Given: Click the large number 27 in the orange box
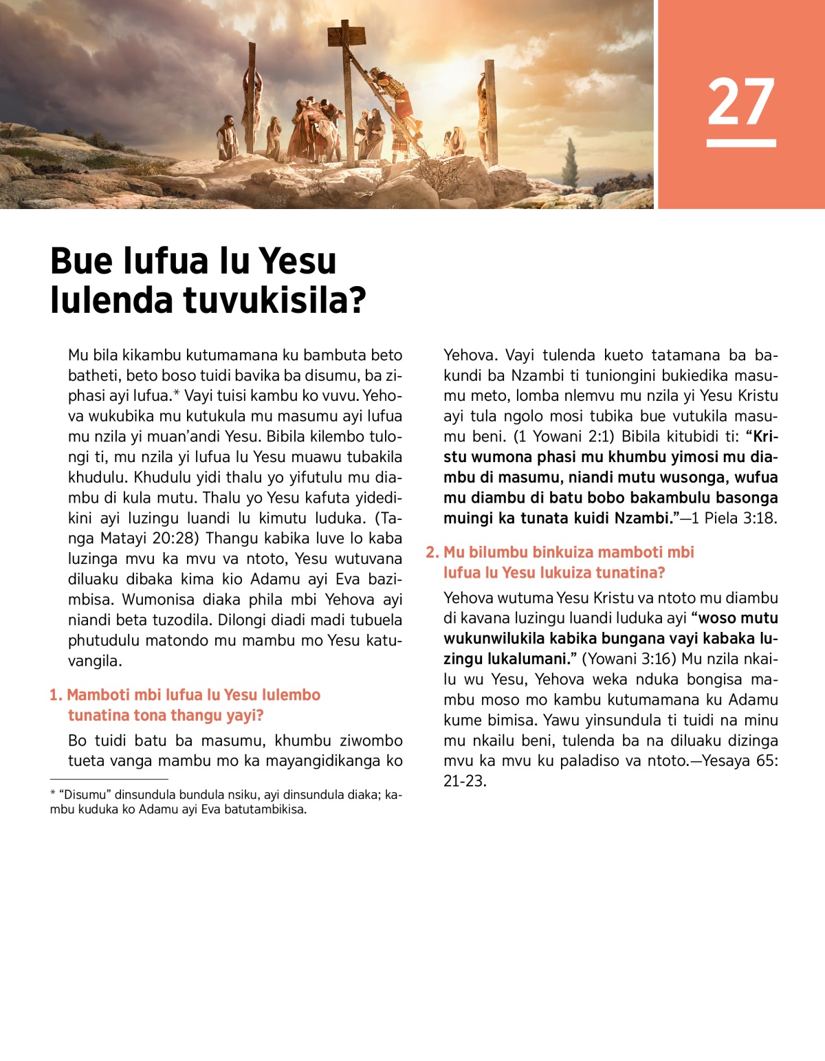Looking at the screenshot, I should coord(740,102).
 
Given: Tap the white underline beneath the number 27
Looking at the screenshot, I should coord(740,143).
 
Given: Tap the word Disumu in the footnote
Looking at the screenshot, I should coord(85,795).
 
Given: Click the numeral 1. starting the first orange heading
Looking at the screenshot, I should coord(56,695).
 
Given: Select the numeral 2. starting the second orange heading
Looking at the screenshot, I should coord(432,552).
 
